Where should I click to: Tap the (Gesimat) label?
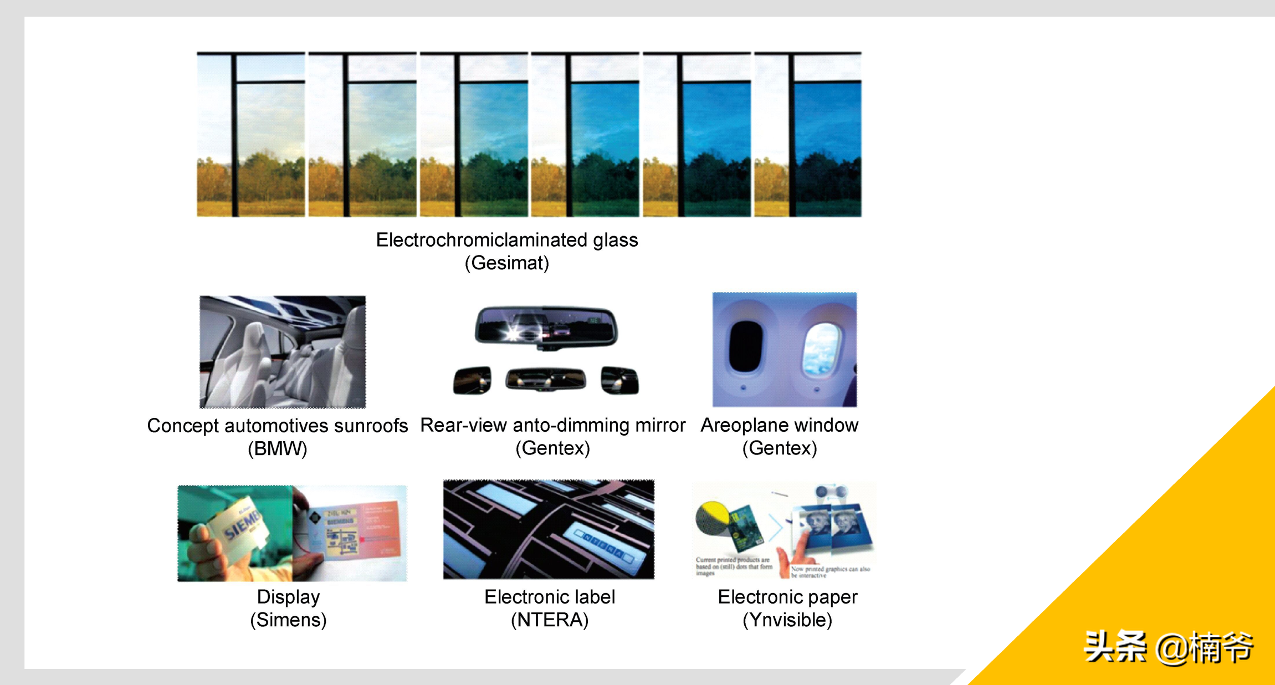point(506,263)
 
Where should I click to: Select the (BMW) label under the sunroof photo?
point(277,448)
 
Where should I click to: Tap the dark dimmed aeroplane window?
point(746,346)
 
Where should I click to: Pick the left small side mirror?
point(472,381)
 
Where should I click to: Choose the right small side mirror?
point(619,381)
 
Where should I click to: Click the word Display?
point(288,597)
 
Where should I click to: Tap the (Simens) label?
point(288,620)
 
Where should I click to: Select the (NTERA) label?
point(549,620)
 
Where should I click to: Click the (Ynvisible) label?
point(787,620)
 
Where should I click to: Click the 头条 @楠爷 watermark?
point(1168,647)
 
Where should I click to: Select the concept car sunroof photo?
point(283,352)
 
